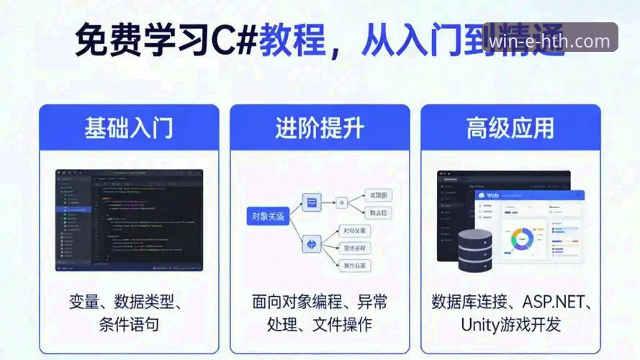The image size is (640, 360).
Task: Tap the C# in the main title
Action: coord(233,40)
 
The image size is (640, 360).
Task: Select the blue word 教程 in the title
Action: coord(292,40)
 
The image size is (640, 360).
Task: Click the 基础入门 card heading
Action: coord(129,128)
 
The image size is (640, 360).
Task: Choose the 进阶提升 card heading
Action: coord(320,128)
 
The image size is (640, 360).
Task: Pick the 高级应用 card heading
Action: coord(510,128)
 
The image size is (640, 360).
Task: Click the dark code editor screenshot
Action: coord(129,220)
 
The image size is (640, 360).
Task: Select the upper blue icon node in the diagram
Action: coord(312,202)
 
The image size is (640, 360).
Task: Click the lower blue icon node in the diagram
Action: coord(312,244)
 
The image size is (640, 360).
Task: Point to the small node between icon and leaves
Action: coord(342,203)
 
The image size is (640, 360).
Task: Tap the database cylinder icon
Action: coord(474,248)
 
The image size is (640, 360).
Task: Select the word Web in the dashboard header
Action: coord(492,195)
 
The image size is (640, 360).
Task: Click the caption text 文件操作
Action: coord(343,324)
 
